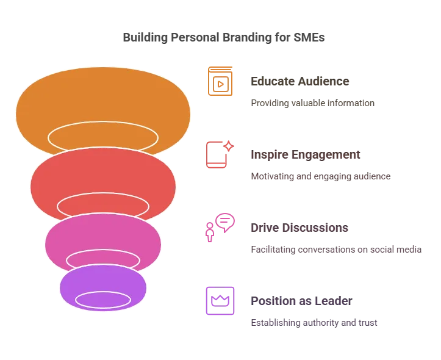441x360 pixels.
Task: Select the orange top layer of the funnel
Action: tap(102, 98)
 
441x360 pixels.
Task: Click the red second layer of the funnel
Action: tap(102, 174)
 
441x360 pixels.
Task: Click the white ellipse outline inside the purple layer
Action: tap(102, 300)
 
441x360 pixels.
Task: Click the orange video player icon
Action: tap(220, 81)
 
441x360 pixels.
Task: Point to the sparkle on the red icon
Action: tap(229, 145)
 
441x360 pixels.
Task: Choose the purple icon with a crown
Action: tap(220, 301)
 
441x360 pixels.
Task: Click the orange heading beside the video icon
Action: tap(299, 81)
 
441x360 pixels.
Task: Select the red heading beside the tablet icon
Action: tap(304, 154)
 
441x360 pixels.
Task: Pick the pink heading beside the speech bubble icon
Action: tap(299, 228)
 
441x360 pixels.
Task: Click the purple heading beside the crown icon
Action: tap(302, 301)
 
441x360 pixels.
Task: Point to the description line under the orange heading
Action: tap(312, 103)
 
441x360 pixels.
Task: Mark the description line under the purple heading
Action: tap(314, 322)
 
